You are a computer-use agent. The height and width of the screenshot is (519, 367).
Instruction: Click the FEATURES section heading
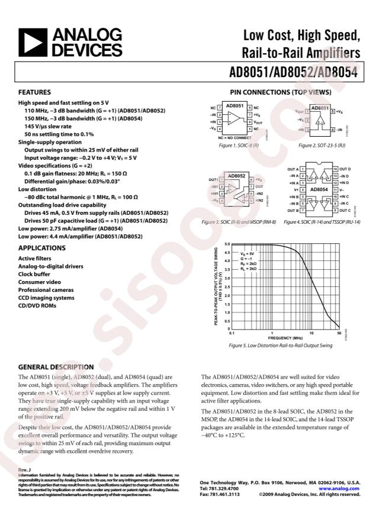[x=33, y=92]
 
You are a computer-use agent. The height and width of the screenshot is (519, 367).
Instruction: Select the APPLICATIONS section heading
[x=41, y=248]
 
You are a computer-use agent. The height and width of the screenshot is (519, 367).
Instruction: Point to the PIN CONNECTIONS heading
[x=280, y=92]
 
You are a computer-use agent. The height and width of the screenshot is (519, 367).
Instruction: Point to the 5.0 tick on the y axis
[x=226, y=244]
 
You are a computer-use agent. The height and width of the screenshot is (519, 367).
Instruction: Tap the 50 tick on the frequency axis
[x=339, y=333]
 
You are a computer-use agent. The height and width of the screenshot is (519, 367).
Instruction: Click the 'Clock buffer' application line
[x=37, y=275]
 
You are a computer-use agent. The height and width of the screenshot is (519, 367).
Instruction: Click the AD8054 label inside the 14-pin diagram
[x=318, y=189]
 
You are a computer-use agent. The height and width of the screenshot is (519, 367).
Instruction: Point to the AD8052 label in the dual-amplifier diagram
[x=236, y=176]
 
